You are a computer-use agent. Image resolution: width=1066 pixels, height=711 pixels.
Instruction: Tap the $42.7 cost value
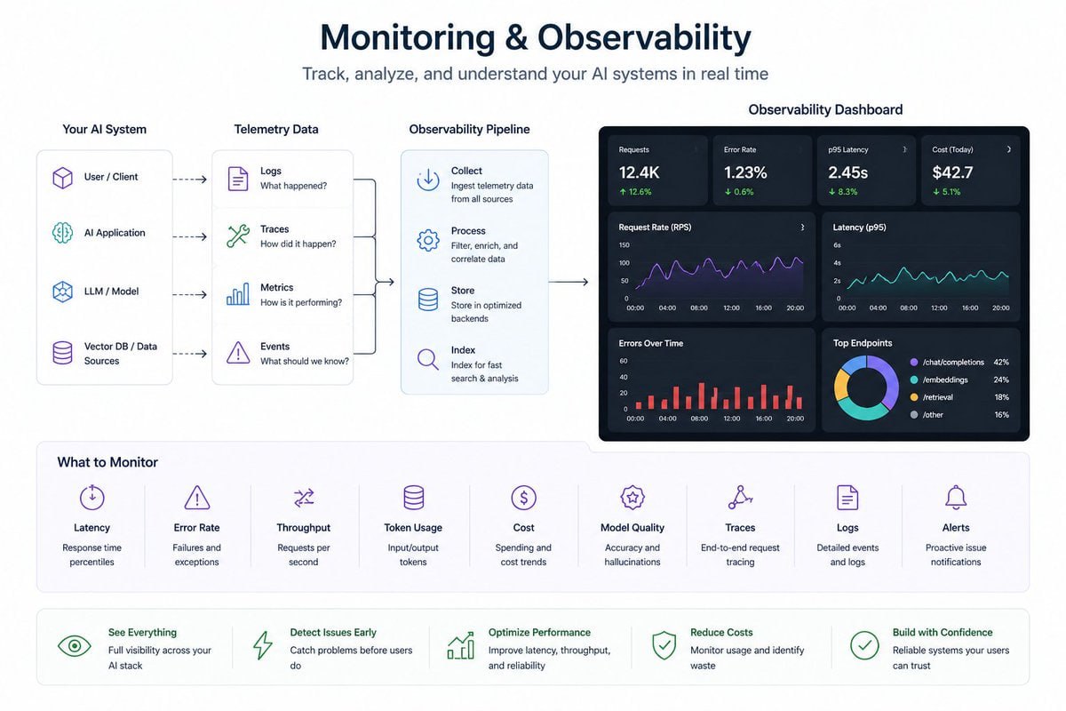point(952,172)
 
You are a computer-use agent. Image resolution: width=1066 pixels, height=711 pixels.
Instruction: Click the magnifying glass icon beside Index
point(428,360)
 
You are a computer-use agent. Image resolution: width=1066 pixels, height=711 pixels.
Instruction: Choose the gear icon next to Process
point(428,240)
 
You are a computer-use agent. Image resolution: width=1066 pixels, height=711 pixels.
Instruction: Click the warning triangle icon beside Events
point(238,353)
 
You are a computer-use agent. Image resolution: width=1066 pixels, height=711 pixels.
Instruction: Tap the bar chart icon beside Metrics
point(238,295)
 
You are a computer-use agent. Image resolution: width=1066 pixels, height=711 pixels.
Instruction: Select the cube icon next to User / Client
point(62,178)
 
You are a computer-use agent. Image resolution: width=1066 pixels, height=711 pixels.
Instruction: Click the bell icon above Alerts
point(956,497)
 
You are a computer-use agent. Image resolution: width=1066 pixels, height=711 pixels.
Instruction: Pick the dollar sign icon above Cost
point(523,497)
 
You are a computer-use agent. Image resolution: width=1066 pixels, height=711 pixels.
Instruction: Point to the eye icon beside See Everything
point(75,646)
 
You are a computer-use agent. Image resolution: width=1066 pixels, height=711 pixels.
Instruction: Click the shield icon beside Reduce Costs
point(664,646)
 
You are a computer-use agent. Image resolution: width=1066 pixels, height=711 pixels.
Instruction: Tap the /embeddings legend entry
point(945,379)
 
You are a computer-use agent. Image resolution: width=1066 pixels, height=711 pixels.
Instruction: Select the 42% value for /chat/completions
point(1001,363)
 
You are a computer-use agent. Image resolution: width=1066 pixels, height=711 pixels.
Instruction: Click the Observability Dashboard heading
point(825,110)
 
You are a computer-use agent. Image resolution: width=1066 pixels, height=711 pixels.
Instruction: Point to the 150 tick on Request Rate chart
point(624,245)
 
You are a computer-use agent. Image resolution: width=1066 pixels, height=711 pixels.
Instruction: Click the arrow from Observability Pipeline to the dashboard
point(569,283)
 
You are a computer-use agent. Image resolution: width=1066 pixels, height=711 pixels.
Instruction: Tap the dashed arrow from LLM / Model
point(188,296)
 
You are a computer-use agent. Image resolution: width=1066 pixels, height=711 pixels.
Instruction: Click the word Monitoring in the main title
point(407,38)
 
